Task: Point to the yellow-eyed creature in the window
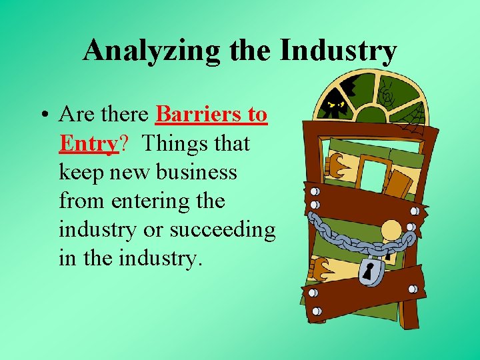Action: [x=334, y=103]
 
